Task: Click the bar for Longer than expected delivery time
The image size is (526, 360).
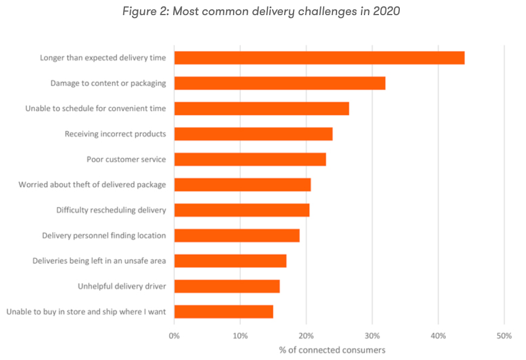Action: (319, 58)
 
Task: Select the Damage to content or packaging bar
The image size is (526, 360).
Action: (280, 83)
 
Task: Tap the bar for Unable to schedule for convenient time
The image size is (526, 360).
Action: (262, 109)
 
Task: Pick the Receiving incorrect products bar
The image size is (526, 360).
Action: (253, 134)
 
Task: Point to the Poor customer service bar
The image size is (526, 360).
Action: (250, 159)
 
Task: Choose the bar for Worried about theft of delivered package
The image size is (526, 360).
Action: (242, 185)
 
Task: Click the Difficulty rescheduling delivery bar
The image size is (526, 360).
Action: (242, 210)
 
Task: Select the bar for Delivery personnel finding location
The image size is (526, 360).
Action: (237, 236)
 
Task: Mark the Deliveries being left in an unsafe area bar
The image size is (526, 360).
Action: (230, 261)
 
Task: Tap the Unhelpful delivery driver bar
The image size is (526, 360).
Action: (227, 286)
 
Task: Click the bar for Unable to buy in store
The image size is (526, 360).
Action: (224, 312)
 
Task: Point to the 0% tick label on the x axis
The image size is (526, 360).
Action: (174, 336)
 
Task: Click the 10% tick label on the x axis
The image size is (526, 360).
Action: (240, 336)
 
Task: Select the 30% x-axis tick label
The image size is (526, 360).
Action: (372, 336)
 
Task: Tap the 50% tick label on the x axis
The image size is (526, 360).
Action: (504, 336)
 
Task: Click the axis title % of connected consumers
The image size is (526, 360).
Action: (332, 350)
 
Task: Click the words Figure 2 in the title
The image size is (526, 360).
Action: (144, 12)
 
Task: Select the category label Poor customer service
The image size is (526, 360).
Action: (126, 159)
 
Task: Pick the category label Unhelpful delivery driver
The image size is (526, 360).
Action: (121, 286)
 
